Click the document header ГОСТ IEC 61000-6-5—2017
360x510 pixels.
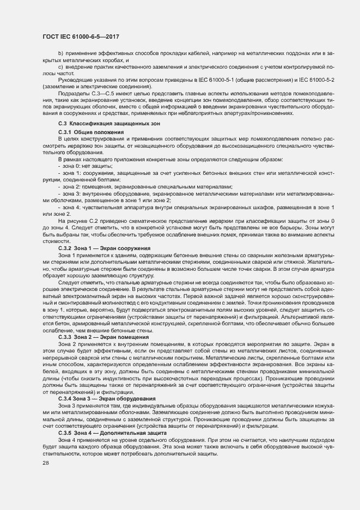point(80,37)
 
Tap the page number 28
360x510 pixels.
point(46,463)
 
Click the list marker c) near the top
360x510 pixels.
point(60,66)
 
